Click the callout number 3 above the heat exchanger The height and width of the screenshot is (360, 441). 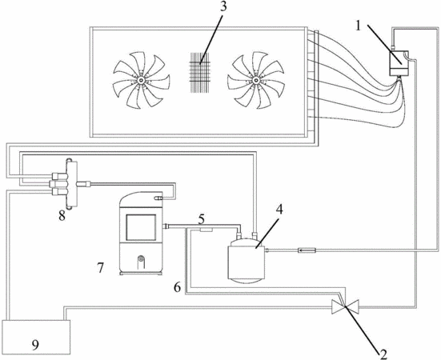pos(223,7)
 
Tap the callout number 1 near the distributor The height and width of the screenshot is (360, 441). pos(359,26)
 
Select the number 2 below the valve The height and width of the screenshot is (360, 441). pos(383,354)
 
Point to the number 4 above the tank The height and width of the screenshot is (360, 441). pos(279,210)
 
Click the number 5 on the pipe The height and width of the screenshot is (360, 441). pos(201,219)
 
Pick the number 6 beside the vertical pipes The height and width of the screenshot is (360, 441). pos(177,287)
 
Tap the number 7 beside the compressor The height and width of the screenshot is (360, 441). pos(100,267)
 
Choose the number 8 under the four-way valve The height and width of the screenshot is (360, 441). pos(62,216)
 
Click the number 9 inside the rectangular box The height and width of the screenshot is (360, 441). pos(35,345)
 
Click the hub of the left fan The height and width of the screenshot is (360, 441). pos(140,80)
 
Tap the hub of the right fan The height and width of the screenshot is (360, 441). pos(255,80)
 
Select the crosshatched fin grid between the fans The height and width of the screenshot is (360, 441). pos(199,72)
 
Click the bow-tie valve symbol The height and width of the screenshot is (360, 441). pos(346,306)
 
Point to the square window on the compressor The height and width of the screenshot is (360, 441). pos(141,228)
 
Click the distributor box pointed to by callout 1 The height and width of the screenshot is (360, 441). pos(399,63)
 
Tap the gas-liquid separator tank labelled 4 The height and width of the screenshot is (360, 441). pos(247,259)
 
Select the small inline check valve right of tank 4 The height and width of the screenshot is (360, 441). pos(307,250)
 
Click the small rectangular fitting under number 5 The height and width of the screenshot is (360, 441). pos(206,230)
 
